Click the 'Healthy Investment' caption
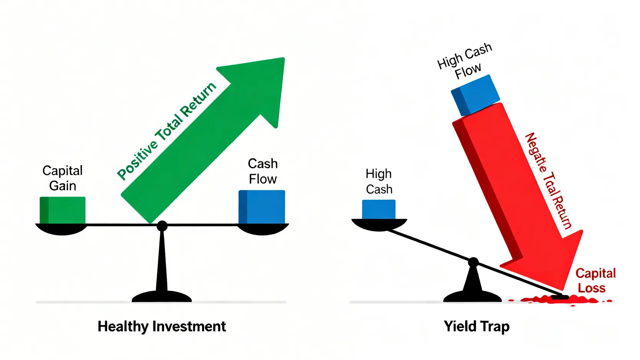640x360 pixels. coord(161,326)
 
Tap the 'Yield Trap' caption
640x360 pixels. coord(476,326)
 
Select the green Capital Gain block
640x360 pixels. coord(63,210)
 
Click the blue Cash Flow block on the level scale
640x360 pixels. coord(262,207)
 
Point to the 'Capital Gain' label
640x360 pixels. coord(62,178)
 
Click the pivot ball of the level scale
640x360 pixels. coord(162,226)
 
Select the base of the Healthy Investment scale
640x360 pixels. coord(161,297)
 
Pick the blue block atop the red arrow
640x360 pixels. coord(475,95)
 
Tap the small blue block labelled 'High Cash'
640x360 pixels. coord(379,209)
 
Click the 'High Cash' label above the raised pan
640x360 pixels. coord(379,181)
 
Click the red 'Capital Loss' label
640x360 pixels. coord(595,280)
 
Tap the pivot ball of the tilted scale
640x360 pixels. coord(473,262)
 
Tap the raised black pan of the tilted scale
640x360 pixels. coord(379,224)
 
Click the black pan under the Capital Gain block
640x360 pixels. coord(61,229)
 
